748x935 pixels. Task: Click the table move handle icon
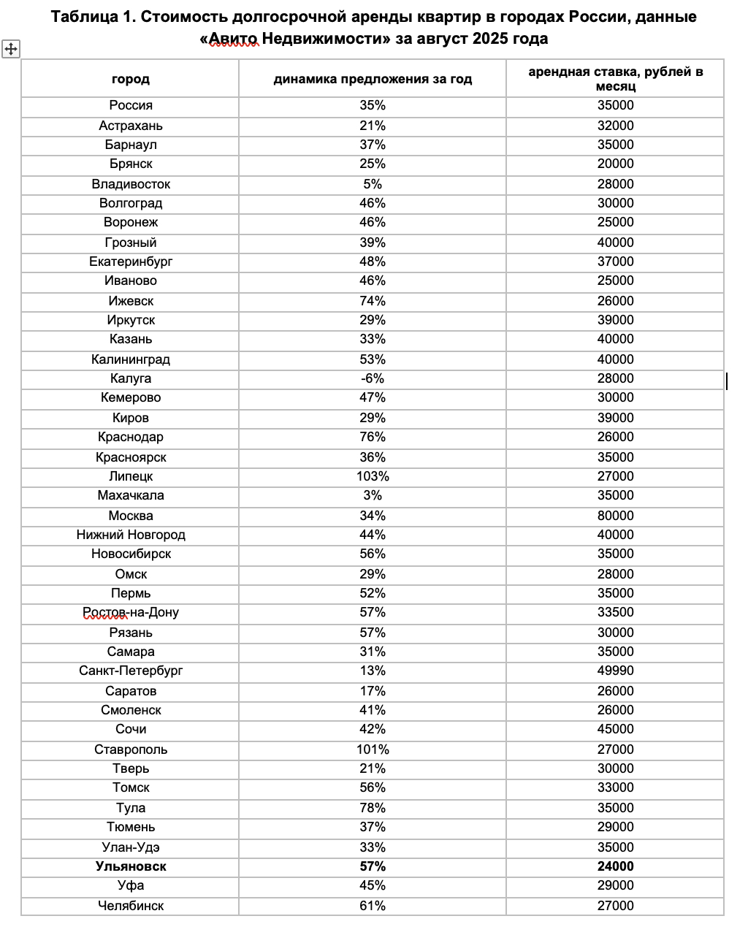11,50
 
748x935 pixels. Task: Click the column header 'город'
131,79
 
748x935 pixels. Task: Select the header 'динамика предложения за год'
373,79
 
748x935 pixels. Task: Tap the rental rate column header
615,79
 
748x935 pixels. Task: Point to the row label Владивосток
131,184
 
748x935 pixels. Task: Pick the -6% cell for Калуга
373,378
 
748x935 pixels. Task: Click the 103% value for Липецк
373,476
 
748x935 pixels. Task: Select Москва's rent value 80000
615,516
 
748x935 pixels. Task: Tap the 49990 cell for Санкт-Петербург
615,671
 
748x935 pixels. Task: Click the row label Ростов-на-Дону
131,612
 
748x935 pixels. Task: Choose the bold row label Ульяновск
131,866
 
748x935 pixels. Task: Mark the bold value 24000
615,866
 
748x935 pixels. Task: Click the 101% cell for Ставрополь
373,749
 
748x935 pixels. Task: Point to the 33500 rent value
615,612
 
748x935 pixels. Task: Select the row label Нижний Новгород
131,535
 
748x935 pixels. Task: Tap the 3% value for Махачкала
373,495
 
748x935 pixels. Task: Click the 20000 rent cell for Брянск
615,164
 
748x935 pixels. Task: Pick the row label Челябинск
131,906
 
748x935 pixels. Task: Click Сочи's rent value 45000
615,729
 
